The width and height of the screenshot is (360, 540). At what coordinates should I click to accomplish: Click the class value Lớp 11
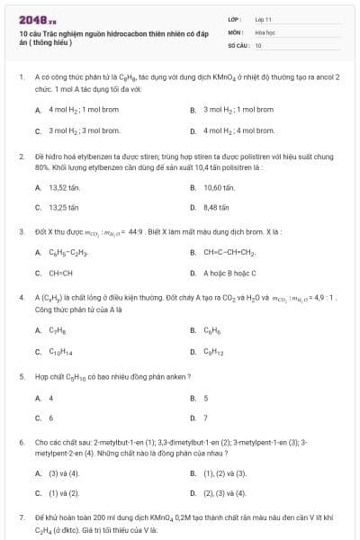[x=263, y=19]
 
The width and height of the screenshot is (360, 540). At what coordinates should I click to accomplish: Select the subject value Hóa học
[x=265, y=31]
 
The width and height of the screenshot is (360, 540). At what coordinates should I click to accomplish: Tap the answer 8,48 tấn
[x=217, y=207]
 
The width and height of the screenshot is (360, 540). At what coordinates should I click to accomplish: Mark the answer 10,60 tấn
[x=219, y=187]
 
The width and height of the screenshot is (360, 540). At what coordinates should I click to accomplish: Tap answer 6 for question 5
[x=50, y=418]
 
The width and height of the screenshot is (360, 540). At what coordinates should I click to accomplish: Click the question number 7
[x=22, y=518]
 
